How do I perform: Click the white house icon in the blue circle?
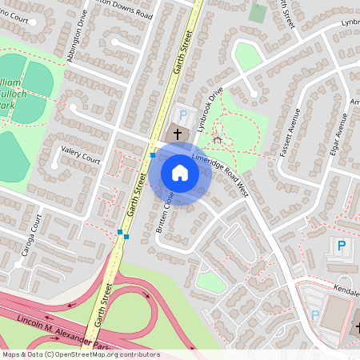tap(180, 174)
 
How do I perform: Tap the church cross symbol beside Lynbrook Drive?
tap(178, 134)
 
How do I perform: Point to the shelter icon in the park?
tap(217, 140)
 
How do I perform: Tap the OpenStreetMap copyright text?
tap(80, 354)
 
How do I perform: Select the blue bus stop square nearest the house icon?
tap(153, 155)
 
